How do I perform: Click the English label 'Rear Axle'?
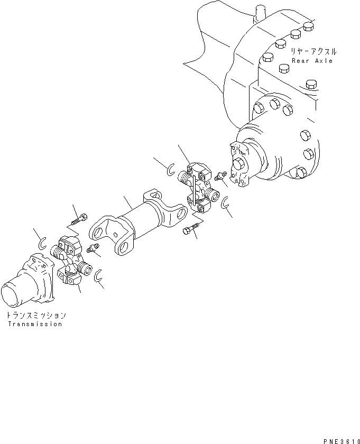pos(312,61)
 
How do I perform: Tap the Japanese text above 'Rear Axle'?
pos(313,52)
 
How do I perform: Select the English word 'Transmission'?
pos(35,324)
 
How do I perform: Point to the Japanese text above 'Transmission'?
pos(36,315)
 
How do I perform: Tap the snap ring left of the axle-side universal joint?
pos(170,170)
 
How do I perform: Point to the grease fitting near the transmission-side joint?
pos(94,249)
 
